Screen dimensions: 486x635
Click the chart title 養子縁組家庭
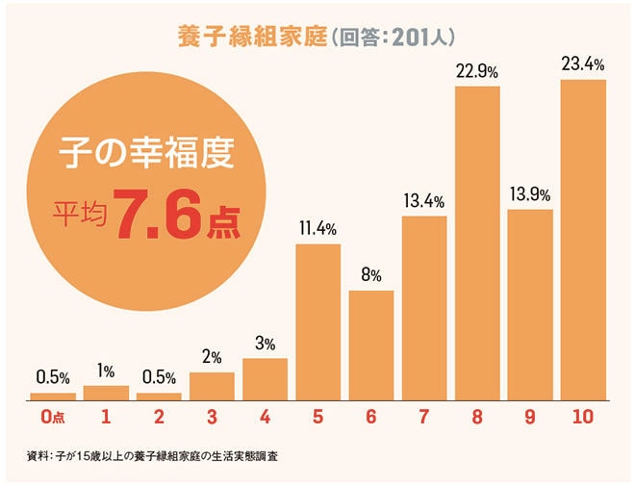(x=252, y=37)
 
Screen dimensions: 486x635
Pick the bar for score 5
(x=317, y=321)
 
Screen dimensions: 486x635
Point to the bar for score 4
(x=265, y=378)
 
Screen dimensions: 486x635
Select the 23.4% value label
(x=582, y=65)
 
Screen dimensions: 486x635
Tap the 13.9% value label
(x=529, y=195)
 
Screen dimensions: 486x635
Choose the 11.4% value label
(x=317, y=230)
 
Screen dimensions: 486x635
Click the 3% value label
(x=265, y=344)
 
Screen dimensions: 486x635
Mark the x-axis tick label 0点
(x=53, y=418)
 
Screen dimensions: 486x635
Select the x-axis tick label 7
(x=423, y=418)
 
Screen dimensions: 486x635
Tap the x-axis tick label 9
(x=529, y=418)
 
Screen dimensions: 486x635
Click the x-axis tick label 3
(x=212, y=418)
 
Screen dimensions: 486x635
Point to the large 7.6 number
(x=157, y=217)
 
